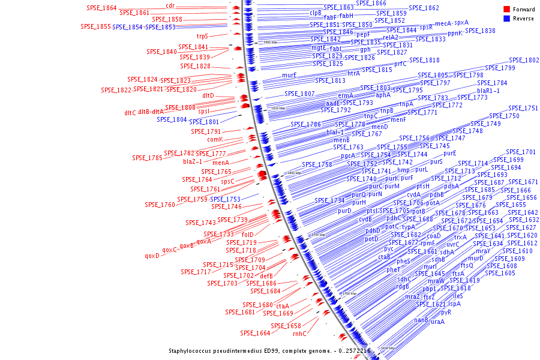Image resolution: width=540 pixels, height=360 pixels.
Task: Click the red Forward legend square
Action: pos(507,9)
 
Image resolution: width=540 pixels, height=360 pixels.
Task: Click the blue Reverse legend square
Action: pos(507,19)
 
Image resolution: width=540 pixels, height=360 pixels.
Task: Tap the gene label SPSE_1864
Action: pos(101,8)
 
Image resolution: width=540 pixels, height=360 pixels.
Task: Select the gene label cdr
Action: pos(170,6)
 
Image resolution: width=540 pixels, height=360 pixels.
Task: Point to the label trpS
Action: pos(202,36)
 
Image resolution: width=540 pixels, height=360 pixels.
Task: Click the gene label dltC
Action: pos(130,112)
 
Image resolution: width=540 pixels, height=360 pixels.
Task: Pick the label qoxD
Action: pos(152,256)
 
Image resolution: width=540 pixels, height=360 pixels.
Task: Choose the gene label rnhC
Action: pos(299,334)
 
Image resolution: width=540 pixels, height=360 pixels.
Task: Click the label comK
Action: pos(215,139)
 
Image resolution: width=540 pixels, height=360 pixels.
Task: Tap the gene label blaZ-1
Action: pos(193,161)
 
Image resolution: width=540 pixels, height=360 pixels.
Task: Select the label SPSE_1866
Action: pos(371,3)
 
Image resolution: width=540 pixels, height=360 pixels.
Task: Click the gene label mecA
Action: pos(443,23)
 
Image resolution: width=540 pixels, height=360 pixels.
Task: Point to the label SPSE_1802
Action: pos(524,60)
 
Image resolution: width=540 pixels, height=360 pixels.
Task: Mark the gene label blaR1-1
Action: pos(488,91)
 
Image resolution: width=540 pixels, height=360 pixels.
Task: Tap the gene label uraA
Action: pos(437,322)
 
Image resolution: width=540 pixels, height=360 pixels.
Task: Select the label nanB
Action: pos(421,320)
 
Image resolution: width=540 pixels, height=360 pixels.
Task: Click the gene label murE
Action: pos(290,76)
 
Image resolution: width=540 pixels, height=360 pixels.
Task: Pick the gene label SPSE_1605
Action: pos(500,274)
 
